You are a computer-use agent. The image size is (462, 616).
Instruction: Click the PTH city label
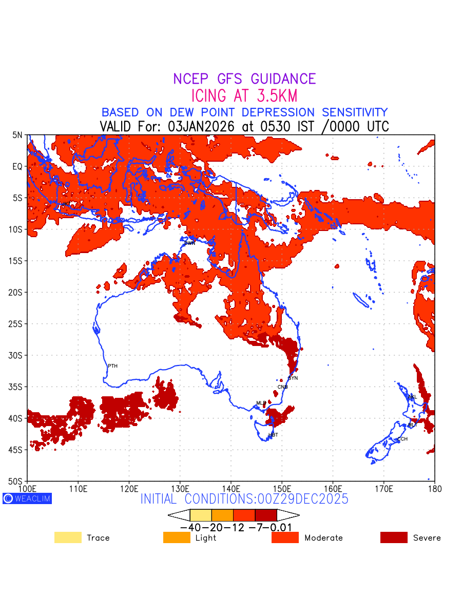(x=112, y=366)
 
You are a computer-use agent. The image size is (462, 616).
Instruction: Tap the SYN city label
(x=293, y=378)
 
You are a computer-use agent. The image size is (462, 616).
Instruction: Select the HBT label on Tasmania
(x=273, y=435)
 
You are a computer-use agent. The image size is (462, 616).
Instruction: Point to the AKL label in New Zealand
(x=412, y=397)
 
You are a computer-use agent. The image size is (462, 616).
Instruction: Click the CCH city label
(x=402, y=439)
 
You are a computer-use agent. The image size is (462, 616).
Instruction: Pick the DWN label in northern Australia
(x=190, y=243)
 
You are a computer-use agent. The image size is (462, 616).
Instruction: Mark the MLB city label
(x=261, y=403)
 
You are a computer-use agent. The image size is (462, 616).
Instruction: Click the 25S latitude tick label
(x=17, y=324)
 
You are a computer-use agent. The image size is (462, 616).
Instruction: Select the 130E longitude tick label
(x=180, y=487)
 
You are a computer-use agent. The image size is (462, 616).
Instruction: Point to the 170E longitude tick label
(x=384, y=487)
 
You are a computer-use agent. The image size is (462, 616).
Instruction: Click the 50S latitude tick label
(x=17, y=481)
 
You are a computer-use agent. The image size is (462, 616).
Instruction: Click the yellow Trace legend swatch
(x=68, y=537)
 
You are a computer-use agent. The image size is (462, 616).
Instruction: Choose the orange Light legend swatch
(x=177, y=537)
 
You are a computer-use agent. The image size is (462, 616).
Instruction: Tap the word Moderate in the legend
(x=323, y=538)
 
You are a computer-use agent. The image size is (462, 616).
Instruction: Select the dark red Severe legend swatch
(x=394, y=537)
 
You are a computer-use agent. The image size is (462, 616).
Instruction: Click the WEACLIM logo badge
(x=27, y=498)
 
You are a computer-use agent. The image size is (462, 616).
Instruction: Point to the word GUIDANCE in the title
(x=283, y=79)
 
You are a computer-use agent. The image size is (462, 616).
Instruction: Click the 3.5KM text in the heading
(x=274, y=96)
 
